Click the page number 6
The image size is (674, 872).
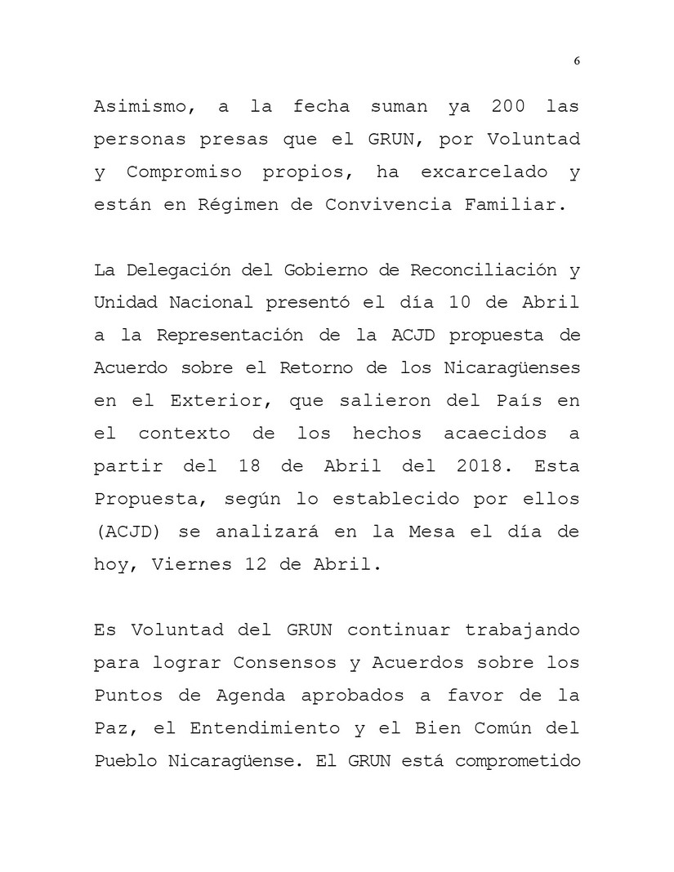pyautogui.click(x=577, y=61)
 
